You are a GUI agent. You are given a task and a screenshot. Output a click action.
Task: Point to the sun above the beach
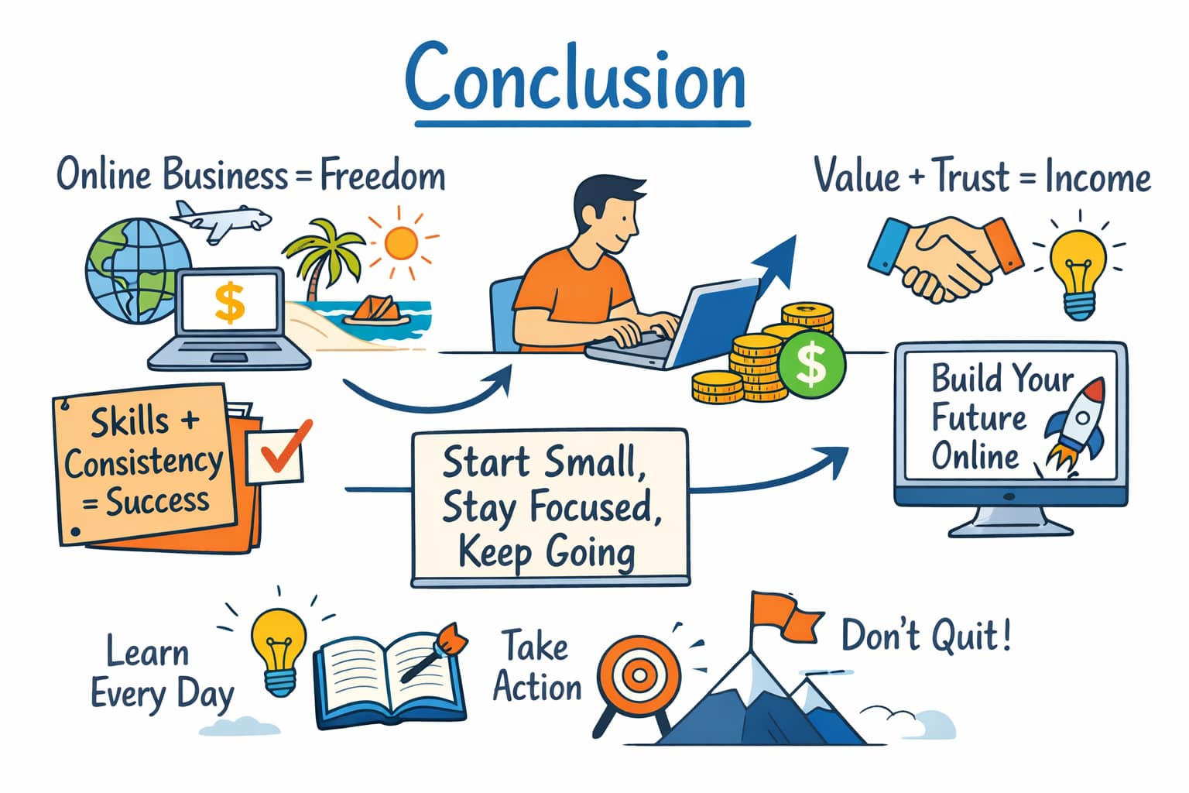[x=400, y=242]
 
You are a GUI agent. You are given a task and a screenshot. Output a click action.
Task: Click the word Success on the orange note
[x=157, y=502]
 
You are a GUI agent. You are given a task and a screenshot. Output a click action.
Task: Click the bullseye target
[x=639, y=674]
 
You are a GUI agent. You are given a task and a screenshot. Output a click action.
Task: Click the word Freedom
[x=382, y=177]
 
